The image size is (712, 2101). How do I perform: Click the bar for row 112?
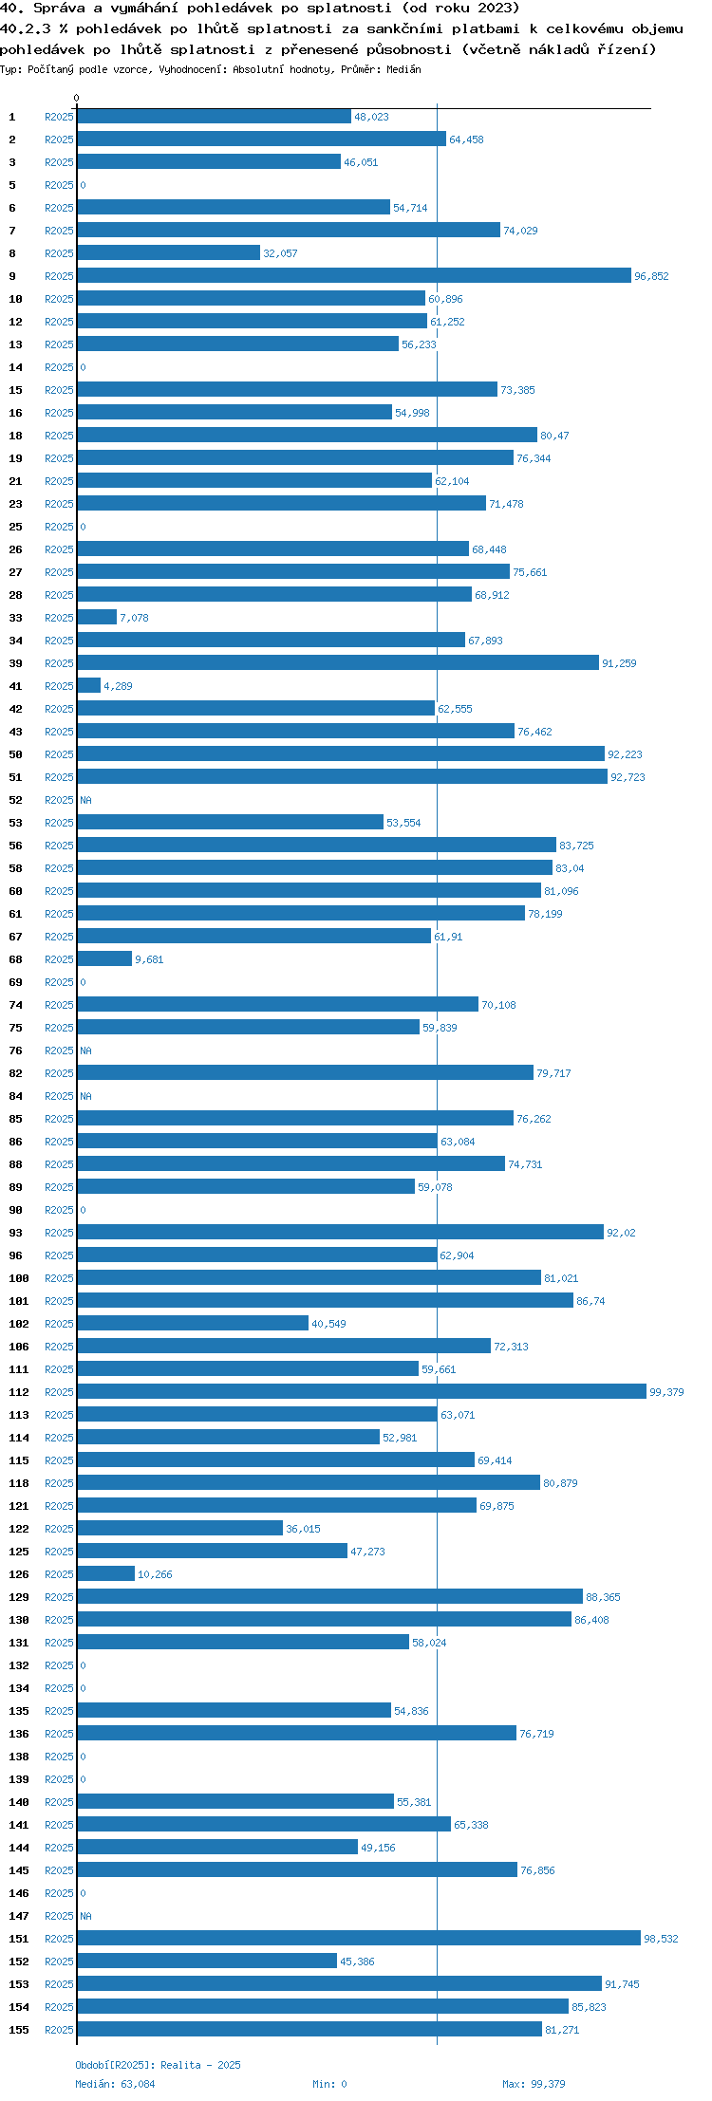pos(362,1391)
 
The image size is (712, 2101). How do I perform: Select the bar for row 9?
pos(354,275)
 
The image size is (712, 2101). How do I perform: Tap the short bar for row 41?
pos(89,685)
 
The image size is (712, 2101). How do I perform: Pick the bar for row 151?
pos(359,1938)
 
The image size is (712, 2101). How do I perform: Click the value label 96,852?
pos(651,276)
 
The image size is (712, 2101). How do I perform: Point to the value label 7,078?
pos(134,618)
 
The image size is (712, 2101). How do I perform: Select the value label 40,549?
pos(328,1324)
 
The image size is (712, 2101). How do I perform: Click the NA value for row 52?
pos(85,800)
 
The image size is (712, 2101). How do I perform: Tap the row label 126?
pos(19,1574)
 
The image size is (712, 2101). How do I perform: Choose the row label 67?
pos(16,937)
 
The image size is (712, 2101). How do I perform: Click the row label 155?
pos(19,2030)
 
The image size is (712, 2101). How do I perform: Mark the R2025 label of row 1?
pos(59,117)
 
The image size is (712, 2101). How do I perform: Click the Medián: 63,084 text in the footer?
pos(115,2084)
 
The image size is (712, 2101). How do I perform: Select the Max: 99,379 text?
pos(534,2084)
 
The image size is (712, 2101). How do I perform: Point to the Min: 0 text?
pos(329,2084)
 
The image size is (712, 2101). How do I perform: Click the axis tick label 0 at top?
pos(77,98)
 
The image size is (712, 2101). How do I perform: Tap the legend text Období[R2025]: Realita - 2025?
pos(158,2065)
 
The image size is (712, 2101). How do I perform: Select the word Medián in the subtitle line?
pos(403,69)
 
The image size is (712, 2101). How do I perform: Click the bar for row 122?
pos(180,1528)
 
